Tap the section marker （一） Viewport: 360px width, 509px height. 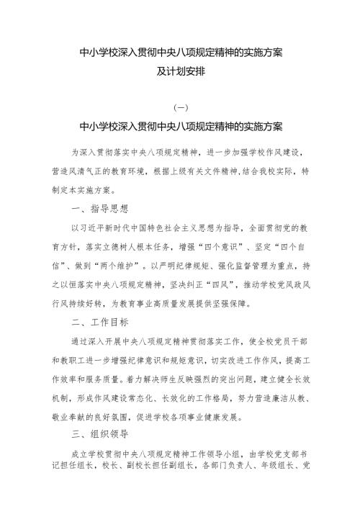coord(180,108)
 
